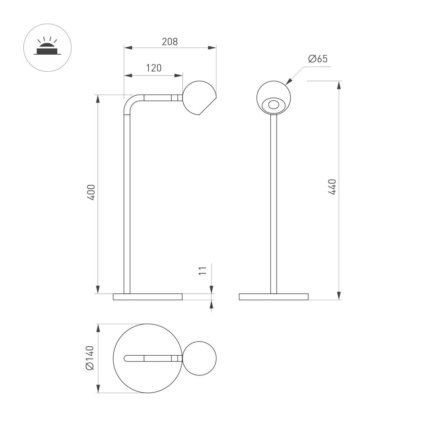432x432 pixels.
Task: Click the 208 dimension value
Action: (170, 42)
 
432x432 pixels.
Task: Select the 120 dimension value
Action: (154, 68)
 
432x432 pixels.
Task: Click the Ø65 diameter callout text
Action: (318, 59)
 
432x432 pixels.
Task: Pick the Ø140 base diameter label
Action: (90, 357)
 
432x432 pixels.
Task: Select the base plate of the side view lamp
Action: (148, 297)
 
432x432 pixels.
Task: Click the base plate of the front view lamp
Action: (274, 297)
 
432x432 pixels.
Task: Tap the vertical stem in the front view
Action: (274, 202)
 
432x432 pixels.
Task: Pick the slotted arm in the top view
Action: (151, 358)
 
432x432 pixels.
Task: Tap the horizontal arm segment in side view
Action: (158, 98)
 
